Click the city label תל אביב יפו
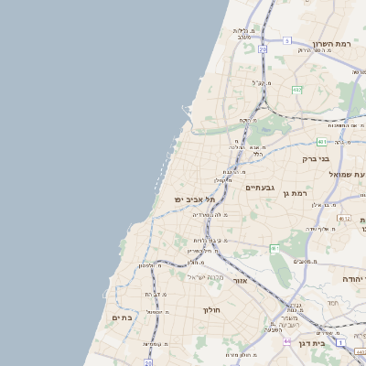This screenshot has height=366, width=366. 188,199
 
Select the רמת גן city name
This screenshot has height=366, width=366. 299,192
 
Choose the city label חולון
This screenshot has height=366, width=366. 211,310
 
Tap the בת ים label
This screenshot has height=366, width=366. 123,318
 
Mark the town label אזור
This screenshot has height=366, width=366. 240,281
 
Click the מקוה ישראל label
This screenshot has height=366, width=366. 205,277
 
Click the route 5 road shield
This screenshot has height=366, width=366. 286,40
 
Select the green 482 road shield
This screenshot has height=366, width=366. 297,90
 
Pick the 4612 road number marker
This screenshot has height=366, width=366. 344,218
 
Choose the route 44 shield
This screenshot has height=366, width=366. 287,340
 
